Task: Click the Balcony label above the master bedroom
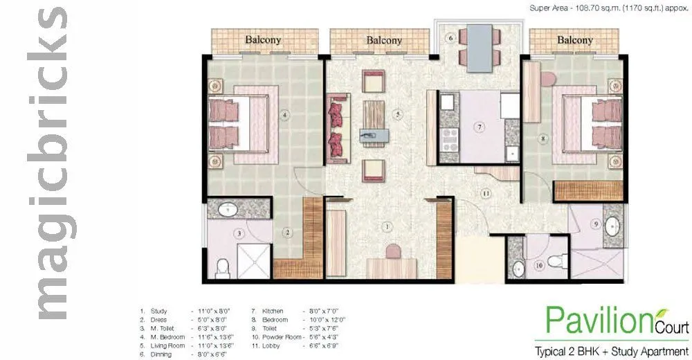point(263,39)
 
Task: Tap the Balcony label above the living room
point(384,40)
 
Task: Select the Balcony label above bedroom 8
point(574,40)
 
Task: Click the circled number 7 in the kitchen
point(478,127)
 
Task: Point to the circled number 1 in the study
point(388,226)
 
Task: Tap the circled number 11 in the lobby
point(486,193)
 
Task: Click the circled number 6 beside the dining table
point(450,38)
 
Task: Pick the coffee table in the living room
point(374,121)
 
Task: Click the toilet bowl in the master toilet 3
point(222,265)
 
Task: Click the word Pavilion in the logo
point(594,320)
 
